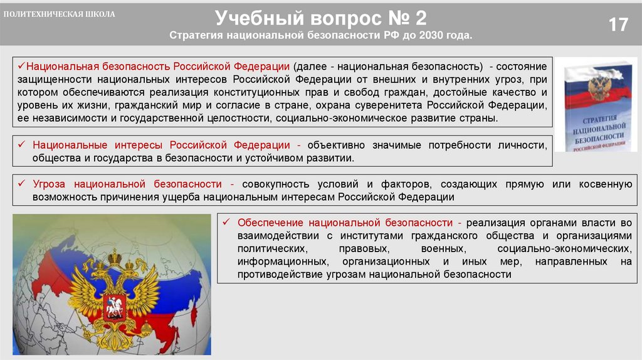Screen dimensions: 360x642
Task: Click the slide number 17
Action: [618, 25]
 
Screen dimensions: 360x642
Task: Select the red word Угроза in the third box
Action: [48, 184]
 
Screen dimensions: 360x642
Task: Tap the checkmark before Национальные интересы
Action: [21, 145]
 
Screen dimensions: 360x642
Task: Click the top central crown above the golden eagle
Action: [115, 257]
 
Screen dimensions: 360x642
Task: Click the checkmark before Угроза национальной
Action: [21, 184]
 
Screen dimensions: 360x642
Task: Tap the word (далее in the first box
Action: [307, 66]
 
